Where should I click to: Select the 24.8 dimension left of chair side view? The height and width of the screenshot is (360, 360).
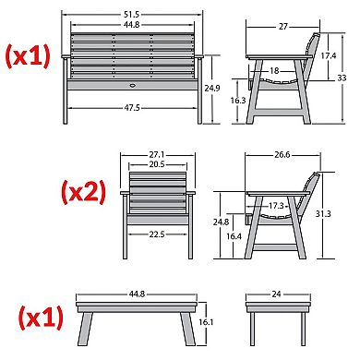[x=221, y=222]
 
